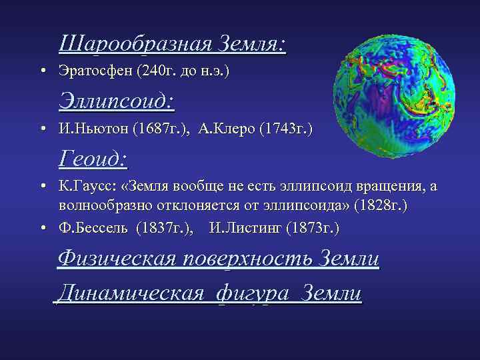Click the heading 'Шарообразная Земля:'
[172, 44]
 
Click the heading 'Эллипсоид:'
[117, 101]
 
